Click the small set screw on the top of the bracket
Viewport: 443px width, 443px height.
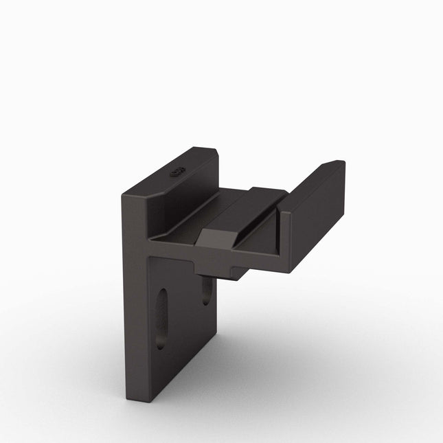177,172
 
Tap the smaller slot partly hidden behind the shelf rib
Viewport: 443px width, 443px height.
206,291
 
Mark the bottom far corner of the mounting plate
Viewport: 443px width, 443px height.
214,350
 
